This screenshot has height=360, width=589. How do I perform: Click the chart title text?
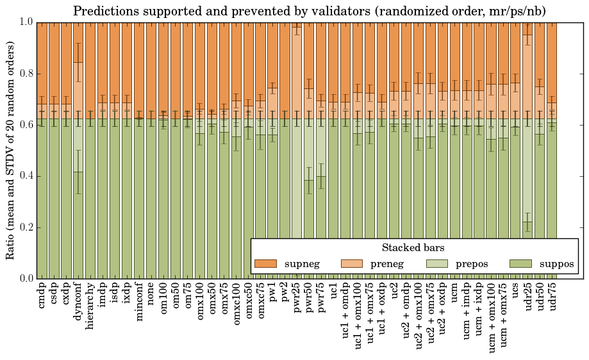pyautogui.click(x=309, y=11)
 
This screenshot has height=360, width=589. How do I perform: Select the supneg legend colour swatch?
pyautogui.click(x=265, y=264)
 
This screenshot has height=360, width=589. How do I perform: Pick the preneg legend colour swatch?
pyautogui.click(x=351, y=264)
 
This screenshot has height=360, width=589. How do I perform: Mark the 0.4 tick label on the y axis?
pyautogui.click(x=26, y=176)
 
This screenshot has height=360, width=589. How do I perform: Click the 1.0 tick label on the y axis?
pyautogui.click(x=26, y=22)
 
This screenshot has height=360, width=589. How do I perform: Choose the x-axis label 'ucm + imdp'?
pyautogui.click(x=467, y=314)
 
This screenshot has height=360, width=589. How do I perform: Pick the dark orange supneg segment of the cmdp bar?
pyautogui.click(x=42, y=61)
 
